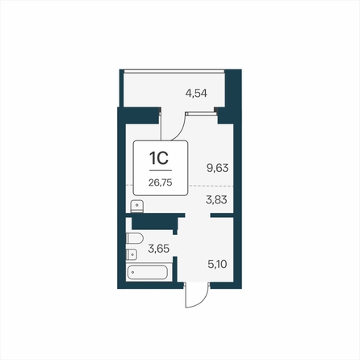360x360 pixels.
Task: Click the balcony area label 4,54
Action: [x=196, y=94]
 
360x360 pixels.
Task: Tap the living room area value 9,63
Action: [x=217, y=168]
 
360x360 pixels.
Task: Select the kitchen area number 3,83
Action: [x=216, y=200]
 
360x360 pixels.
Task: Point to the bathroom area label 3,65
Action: [x=159, y=249]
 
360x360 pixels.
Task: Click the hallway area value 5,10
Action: [x=217, y=264]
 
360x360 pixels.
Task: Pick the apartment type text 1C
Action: [x=159, y=158]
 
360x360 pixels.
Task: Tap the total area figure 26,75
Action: [x=161, y=182]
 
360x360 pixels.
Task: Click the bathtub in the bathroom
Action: [x=148, y=272]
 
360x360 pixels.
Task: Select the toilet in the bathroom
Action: [x=134, y=239]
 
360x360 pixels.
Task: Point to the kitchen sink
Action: [x=137, y=206]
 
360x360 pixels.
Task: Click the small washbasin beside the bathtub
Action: [x=132, y=254]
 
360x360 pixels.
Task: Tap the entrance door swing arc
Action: [x=199, y=301]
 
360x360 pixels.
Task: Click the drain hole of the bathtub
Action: [x=132, y=272]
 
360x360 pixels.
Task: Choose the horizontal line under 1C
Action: [x=161, y=170]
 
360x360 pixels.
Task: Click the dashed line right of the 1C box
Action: [x=211, y=186]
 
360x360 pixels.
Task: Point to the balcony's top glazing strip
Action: [x=174, y=71]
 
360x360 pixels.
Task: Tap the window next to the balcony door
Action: [x=202, y=114]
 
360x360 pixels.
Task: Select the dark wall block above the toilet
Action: [x=154, y=223]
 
